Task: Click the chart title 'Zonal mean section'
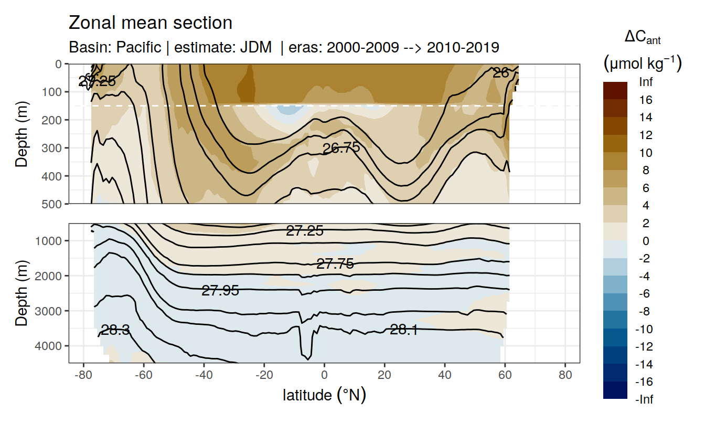coord(151,23)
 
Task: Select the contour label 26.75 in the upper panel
coord(341,148)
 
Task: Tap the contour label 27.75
coord(335,264)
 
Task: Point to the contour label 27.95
coord(220,291)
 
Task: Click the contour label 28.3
coord(115,330)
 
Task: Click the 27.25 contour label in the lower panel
coord(304,230)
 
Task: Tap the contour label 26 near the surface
coord(501,73)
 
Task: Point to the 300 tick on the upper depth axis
coord(55,148)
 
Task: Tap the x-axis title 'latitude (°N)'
coord(324,395)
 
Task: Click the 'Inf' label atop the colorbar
coord(646,82)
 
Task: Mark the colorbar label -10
coord(645,329)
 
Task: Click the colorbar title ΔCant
coord(643,37)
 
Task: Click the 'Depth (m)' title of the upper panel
coord(22,134)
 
